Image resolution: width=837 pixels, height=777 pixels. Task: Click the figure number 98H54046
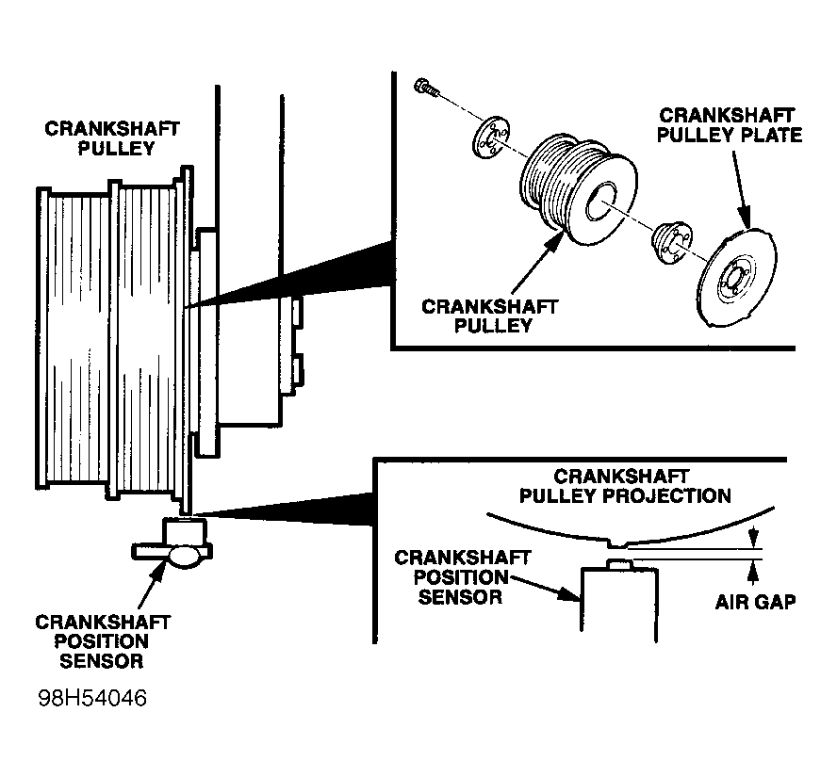pos(92,698)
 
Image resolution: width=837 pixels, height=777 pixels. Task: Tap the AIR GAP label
pos(755,602)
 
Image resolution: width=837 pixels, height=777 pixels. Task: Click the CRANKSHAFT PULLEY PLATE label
pos(729,125)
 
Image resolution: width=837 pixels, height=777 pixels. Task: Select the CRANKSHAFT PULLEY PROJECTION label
pos(625,486)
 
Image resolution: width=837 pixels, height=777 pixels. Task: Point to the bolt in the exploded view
pos(426,88)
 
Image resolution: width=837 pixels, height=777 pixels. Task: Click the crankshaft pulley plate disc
pos(737,277)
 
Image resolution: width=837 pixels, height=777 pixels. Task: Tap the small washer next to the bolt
pos(490,138)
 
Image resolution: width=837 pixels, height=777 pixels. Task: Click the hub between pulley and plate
pos(672,242)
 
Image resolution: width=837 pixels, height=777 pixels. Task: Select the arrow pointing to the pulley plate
pos(742,189)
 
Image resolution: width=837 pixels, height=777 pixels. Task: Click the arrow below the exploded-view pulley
pos(537,261)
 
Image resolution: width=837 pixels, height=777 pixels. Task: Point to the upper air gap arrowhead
pos(753,538)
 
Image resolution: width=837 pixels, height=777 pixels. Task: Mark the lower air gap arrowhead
pos(753,571)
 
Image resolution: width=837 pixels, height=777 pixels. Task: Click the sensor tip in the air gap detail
pos(620,564)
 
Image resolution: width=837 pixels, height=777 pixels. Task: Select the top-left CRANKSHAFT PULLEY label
pos(112,138)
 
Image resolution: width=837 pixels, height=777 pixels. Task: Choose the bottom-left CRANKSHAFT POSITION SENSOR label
pos(102,641)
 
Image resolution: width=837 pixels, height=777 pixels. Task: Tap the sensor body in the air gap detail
pos(619,601)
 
